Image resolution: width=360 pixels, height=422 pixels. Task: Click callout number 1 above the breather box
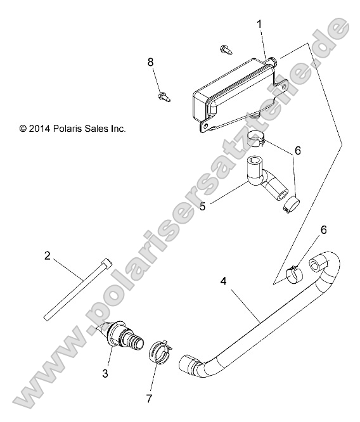(259, 23)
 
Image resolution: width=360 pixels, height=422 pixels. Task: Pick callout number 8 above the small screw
(151, 61)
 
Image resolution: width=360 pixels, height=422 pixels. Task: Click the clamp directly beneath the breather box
(257, 137)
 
